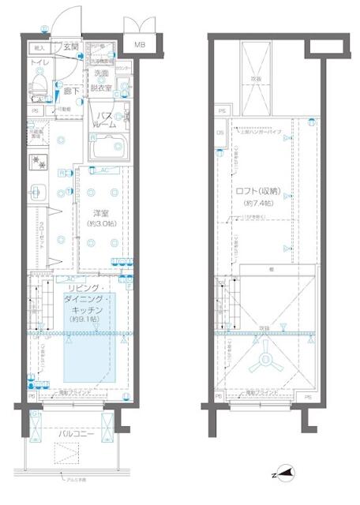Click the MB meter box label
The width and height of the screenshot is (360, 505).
tap(139, 45)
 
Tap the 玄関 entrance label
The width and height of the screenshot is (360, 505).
tap(71, 47)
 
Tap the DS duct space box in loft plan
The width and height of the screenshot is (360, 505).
tap(220, 133)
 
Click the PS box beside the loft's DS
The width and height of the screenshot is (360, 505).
tap(222, 112)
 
